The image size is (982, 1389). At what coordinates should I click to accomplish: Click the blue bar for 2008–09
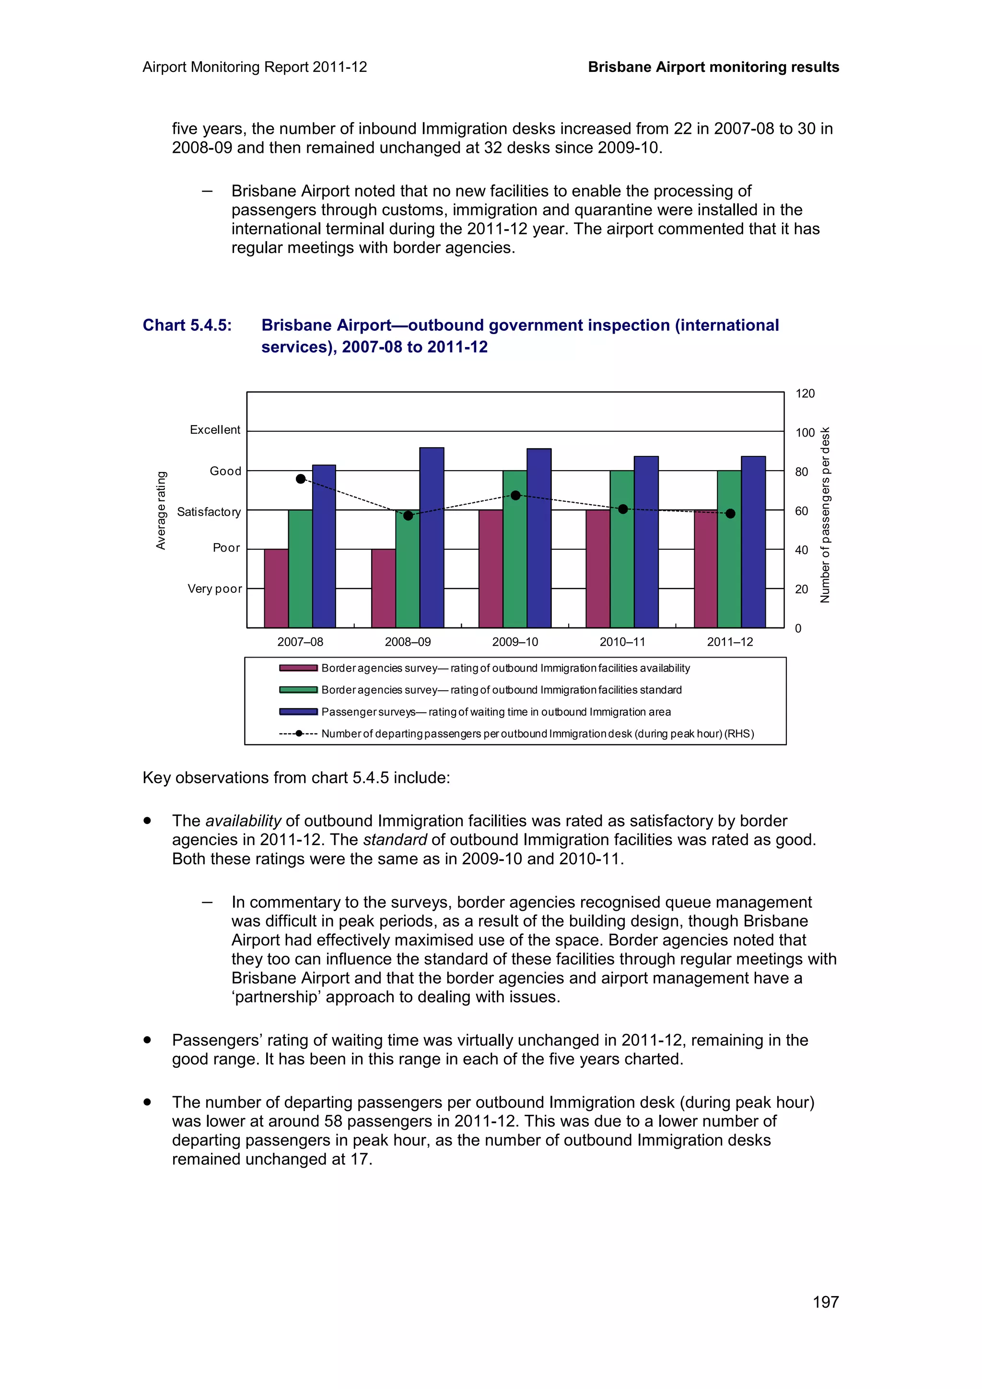[x=432, y=537]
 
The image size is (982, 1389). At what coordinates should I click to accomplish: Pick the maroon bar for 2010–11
[x=598, y=568]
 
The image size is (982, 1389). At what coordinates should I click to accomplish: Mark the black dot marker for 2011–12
[x=730, y=514]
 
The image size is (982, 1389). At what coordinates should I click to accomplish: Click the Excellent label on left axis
[x=215, y=430]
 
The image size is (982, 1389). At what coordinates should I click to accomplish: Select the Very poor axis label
[x=214, y=589]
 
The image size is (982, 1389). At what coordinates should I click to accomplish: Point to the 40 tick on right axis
[x=801, y=550]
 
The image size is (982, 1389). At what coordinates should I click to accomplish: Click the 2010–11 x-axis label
[x=622, y=642]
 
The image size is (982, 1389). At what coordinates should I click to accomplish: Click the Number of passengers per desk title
[x=825, y=515]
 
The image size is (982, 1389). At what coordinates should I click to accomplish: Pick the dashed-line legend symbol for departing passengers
[x=298, y=734]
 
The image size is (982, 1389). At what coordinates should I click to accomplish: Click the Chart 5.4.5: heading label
[x=187, y=325]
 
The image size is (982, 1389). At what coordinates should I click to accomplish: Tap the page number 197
[x=825, y=1302]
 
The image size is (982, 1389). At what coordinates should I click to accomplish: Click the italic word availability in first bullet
[x=243, y=821]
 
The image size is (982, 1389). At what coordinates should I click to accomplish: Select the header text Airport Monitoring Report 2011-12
[x=255, y=67]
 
